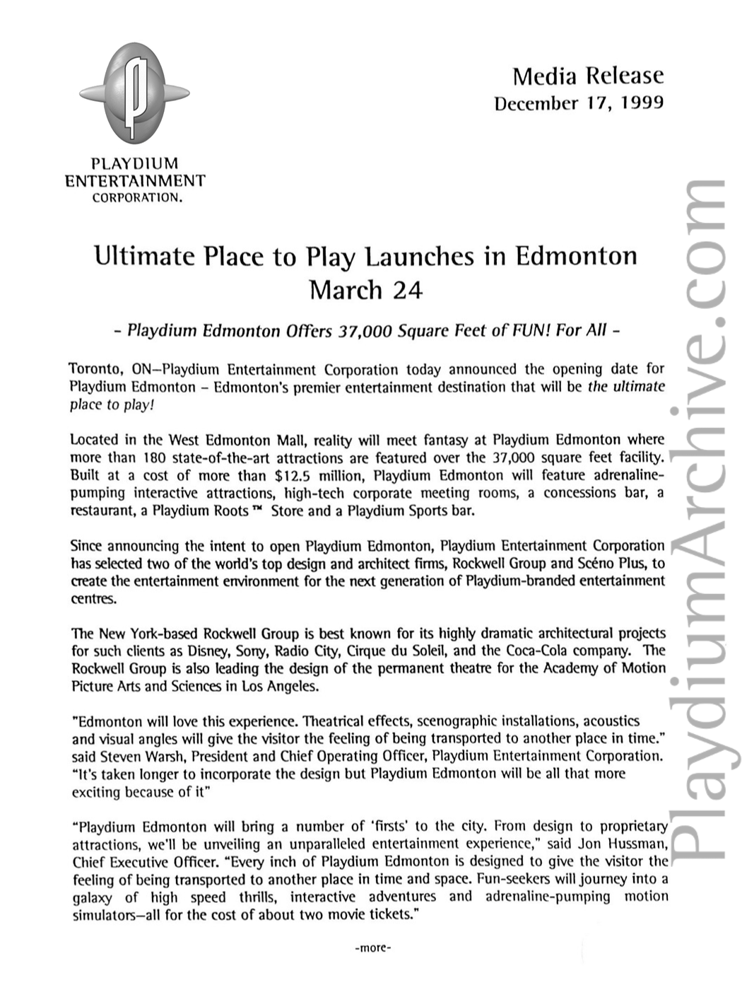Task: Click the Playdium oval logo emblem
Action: point(135,92)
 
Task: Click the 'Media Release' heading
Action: point(588,76)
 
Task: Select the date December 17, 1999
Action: point(579,103)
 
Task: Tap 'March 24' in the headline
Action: point(366,290)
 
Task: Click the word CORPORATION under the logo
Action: point(138,198)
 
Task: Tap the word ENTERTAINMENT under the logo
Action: point(135,181)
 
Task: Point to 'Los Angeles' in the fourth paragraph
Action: point(281,686)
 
